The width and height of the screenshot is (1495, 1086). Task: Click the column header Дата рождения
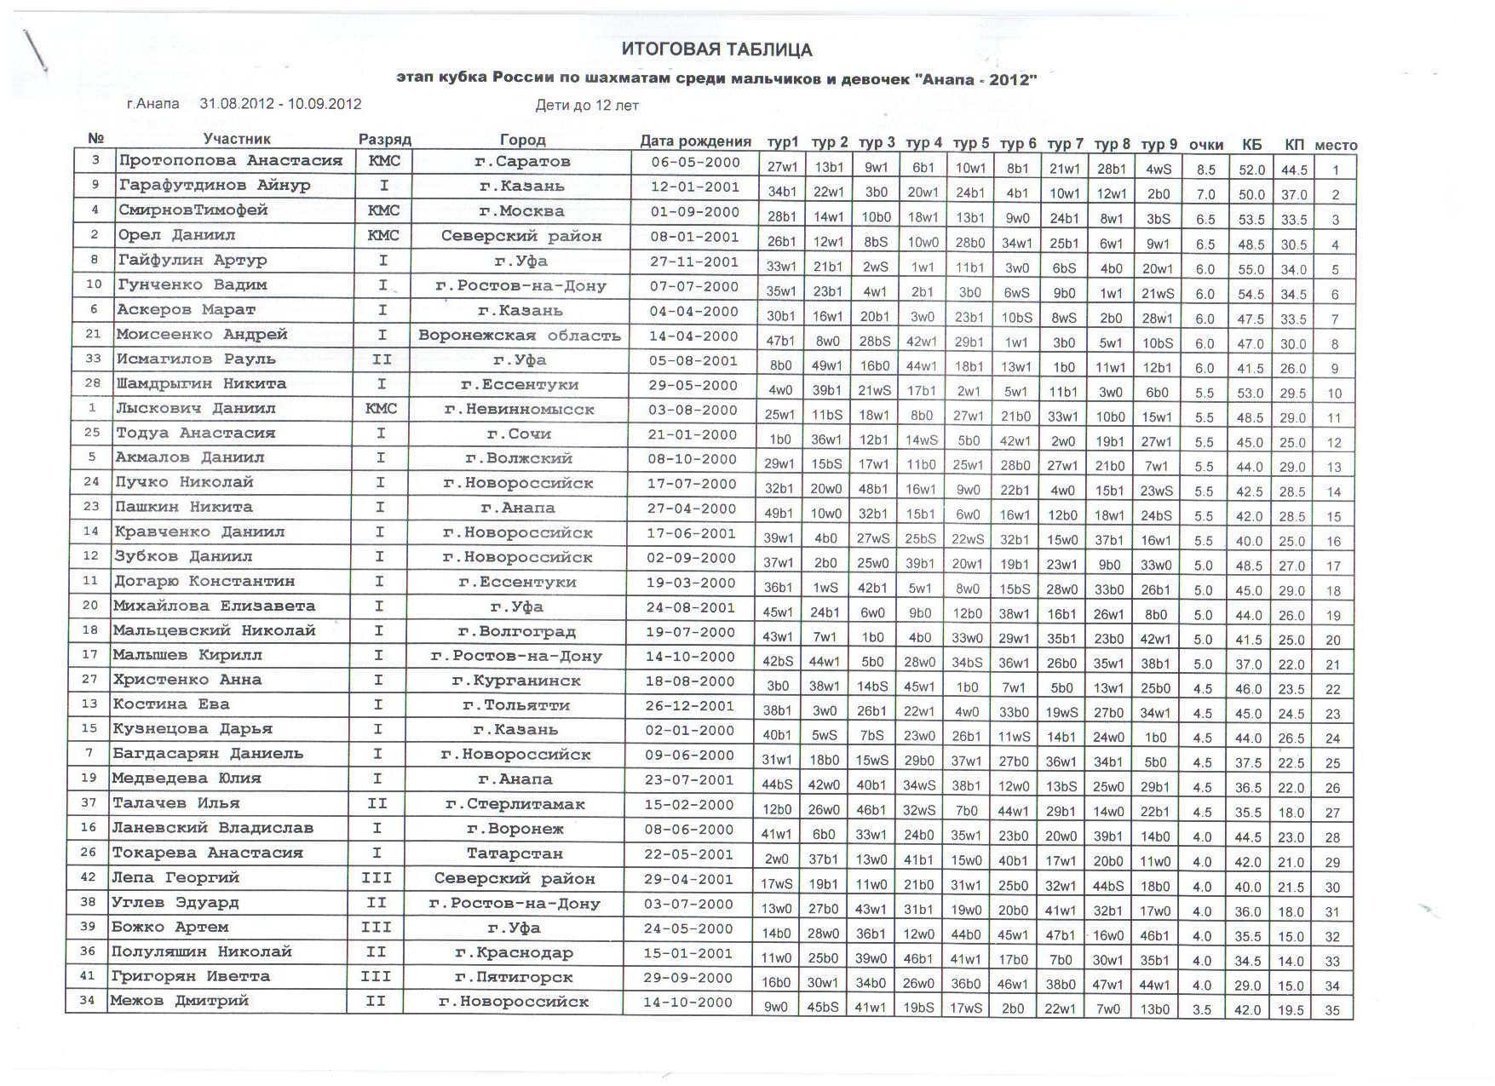point(695,141)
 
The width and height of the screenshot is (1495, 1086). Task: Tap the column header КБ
point(1251,144)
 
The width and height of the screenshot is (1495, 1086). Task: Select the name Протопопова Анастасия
point(230,160)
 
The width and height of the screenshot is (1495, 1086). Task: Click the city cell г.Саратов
point(521,162)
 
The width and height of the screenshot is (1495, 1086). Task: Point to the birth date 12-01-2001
point(694,187)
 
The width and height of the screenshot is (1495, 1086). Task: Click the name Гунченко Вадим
point(192,284)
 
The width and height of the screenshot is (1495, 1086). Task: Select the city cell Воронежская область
point(519,336)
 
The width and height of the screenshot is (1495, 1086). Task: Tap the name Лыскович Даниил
point(196,408)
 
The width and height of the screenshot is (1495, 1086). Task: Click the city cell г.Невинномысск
point(520,410)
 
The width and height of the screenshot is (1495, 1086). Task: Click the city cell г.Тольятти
point(516,705)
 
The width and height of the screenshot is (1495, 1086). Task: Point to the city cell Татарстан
point(515,853)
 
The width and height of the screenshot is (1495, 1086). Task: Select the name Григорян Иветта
point(190,976)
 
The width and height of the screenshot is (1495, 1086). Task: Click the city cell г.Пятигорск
point(514,978)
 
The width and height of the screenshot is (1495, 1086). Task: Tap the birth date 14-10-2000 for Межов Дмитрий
point(687,1003)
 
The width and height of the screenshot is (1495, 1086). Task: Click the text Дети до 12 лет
point(587,106)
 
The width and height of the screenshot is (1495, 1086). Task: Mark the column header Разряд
point(384,139)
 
